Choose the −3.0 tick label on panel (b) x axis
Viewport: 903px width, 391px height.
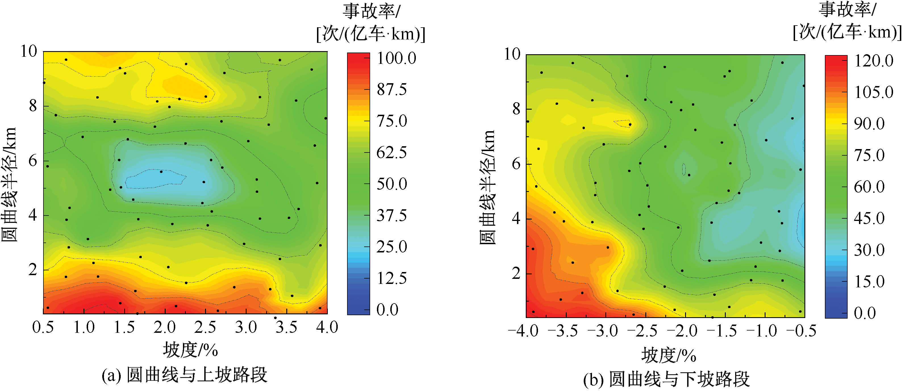[603, 331]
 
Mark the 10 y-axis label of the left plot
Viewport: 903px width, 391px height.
[29, 51]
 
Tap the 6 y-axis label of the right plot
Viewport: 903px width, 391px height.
[516, 164]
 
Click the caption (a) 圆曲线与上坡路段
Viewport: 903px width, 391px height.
[184, 375]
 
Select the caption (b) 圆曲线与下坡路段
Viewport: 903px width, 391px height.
[666, 379]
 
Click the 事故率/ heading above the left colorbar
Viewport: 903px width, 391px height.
[371, 11]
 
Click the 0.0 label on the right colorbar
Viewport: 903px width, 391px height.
[865, 313]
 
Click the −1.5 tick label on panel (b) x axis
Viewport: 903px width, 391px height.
[722, 331]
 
